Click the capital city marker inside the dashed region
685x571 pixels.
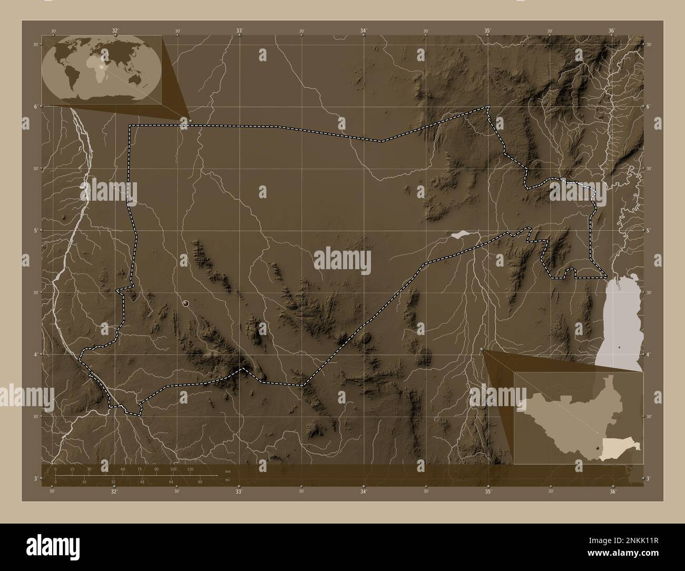(186, 303)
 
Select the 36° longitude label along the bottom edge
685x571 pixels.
(612, 491)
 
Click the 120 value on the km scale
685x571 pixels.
(190, 469)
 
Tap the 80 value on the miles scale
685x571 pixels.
(200, 482)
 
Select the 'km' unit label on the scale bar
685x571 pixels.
(228, 471)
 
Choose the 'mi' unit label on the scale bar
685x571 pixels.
(227, 480)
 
